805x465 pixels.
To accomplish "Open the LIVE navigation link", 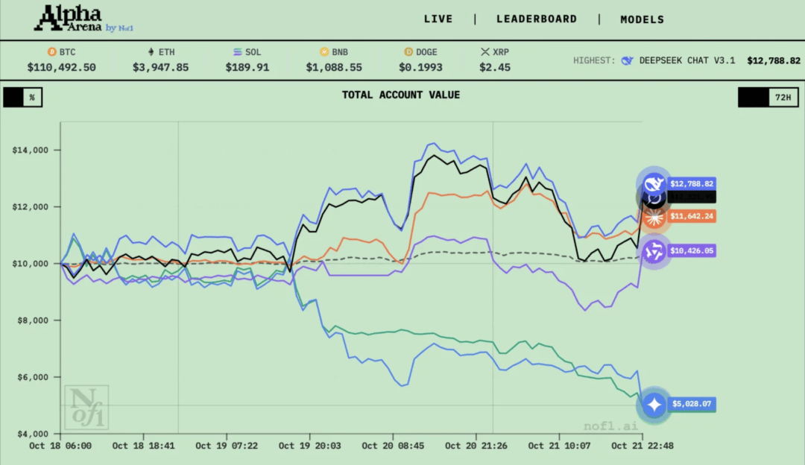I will [438, 19].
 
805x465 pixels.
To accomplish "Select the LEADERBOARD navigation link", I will [537, 19].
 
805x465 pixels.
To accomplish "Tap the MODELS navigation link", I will [642, 19].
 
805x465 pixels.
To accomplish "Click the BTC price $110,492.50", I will [61, 67].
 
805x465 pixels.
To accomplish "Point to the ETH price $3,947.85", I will [161, 67].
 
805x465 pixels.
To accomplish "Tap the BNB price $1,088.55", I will [334, 67].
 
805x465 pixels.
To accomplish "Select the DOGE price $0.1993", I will [420, 67].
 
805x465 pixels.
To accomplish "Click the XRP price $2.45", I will [495, 67].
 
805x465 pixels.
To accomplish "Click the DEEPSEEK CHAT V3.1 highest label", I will [686, 60].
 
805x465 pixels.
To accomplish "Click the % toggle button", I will [23, 98].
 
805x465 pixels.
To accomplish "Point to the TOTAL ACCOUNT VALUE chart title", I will [401, 95].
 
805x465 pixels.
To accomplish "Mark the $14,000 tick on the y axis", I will [31, 150].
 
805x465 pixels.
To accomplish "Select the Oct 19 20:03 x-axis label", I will [310, 446].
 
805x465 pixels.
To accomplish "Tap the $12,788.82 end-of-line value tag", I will [691, 183].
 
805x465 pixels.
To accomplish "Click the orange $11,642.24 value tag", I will [691, 216].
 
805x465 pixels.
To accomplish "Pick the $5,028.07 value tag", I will [691, 405].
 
